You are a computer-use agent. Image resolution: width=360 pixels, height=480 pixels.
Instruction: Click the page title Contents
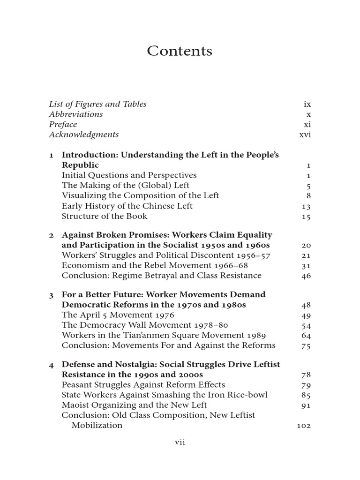pyautogui.click(x=180, y=51)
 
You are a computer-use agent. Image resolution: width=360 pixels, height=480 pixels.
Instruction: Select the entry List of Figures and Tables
pyautogui.click(x=97, y=104)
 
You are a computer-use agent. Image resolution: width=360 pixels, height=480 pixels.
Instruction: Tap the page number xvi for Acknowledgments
pyautogui.click(x=305, y=135)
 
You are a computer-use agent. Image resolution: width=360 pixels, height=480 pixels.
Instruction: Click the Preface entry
pyautogui.click(x=63, y=125)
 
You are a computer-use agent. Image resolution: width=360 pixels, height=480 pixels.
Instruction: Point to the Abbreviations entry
pyautogui.click(x=75, y=114)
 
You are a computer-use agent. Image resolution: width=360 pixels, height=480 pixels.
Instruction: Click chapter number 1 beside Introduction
pyautogui.click(x=52, y=155)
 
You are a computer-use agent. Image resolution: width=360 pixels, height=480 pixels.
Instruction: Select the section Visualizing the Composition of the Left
pyautogui.click(x=140, y=195)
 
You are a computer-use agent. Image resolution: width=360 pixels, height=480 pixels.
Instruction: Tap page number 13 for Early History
pyautogui.click(x=306, y=206)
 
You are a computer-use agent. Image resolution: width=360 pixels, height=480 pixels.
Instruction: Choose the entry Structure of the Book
pyautogui.click(x=104, y=216)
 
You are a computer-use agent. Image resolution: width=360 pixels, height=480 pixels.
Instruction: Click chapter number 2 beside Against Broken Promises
pyautogui.click(x=52, y=235)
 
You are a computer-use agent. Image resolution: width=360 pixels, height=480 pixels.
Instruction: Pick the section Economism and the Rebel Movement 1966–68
pyautogui.click(x=155, y=265)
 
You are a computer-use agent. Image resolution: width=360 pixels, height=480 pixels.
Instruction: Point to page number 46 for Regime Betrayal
pyautogui.click(x=306, y=276)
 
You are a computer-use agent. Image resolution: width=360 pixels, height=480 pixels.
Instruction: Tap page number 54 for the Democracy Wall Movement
pyautogui.click(x=306, y=326)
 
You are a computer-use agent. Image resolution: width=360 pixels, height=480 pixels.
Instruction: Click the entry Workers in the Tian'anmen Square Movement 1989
pyautogui.click(x=164, y=335)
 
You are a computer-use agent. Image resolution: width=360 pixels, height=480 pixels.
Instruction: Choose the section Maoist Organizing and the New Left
pyautogui.click(x=134, y=405)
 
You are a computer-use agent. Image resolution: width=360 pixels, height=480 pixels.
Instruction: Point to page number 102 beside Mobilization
pyautogui.click(x=304, y=426)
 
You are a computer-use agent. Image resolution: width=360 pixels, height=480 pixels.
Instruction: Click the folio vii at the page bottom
pyautogui.click(x=180, y=443)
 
